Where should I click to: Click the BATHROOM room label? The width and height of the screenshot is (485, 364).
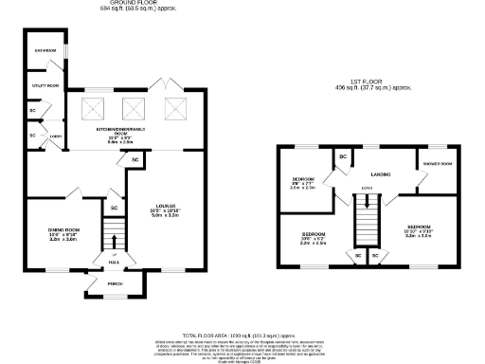pos(45,50)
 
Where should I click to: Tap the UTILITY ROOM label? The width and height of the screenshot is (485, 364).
pos(45,85)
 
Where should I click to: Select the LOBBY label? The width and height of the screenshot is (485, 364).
pos(56,136)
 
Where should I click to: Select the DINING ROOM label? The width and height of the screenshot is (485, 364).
pos(63,230)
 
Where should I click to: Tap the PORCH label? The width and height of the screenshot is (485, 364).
pos(116,283)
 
